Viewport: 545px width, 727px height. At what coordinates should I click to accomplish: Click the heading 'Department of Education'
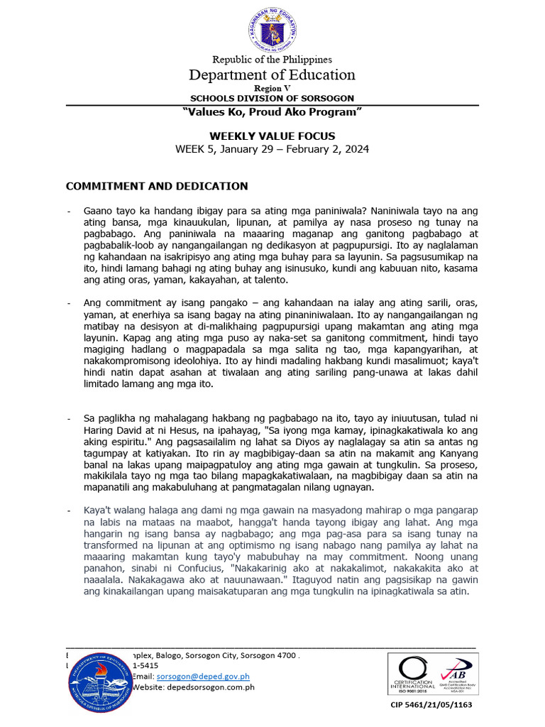272,75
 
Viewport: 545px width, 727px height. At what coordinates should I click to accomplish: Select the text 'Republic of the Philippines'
272,60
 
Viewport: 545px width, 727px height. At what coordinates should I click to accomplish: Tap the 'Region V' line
272,88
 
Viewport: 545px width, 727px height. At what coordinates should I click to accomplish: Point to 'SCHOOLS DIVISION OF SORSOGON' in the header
272,98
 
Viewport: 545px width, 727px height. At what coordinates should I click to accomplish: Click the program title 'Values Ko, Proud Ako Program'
272,113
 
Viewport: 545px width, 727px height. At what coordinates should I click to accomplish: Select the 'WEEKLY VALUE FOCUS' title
272,136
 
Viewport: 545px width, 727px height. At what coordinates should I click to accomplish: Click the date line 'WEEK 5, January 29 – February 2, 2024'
272,149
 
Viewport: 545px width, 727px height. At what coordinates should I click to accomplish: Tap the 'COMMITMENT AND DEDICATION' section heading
157,186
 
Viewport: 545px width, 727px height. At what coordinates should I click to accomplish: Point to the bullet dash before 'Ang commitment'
68,303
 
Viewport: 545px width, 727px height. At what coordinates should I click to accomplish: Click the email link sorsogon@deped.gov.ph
204,677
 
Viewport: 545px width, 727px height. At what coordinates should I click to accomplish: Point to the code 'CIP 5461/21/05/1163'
431,705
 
